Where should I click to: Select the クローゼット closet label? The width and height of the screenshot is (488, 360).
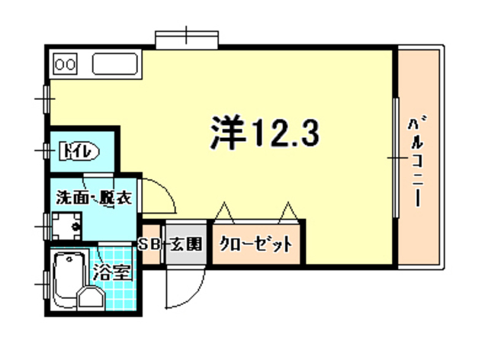pos(256,245)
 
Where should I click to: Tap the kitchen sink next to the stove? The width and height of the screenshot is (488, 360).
pos(114,64)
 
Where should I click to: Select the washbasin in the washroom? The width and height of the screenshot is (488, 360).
pos(67,226)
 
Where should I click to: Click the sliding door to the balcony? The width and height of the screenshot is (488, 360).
pos(396,156)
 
